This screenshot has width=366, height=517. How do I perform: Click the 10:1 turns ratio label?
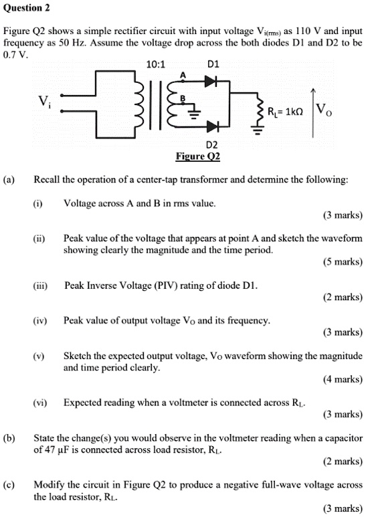(155, 66)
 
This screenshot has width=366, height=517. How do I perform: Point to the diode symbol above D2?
(212, 126)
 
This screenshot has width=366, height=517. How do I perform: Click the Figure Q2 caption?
(197, 157)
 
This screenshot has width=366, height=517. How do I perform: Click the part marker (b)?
(9, 438)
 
